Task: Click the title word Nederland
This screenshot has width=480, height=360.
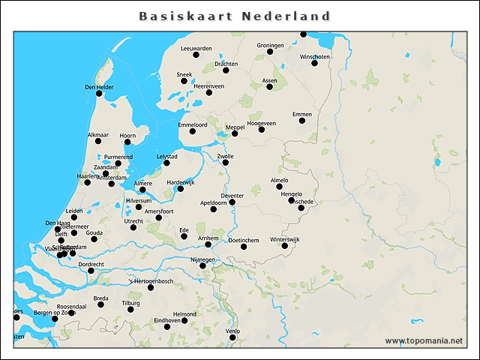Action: coord(286,16)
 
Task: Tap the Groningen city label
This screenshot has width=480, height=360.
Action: coord(270,45)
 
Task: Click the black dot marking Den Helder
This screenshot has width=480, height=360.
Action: coord(99,94)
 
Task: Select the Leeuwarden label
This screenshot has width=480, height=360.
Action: coord(196,48)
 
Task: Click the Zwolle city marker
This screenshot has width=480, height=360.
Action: coord(225,163)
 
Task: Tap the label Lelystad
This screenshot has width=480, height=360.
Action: coord(166,156)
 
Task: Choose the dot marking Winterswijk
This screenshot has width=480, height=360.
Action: coord(285,246)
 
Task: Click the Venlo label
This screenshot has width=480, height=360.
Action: coord(232,331)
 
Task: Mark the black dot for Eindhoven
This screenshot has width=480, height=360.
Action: coord(185,320)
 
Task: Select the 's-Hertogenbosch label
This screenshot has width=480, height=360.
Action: coord(151,281)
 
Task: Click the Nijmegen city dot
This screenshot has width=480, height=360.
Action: coord(202,265)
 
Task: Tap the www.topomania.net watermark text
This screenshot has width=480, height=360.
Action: coord(424,340)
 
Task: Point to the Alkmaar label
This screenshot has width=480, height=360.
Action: coord(98,135)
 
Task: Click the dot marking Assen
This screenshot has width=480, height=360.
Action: coord(270,87)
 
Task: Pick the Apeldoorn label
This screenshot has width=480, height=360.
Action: coord(214,202)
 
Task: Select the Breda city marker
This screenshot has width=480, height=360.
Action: coord(100,304)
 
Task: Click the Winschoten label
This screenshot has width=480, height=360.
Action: coord(314,57)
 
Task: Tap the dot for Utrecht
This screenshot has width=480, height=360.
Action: coord(133,227)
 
